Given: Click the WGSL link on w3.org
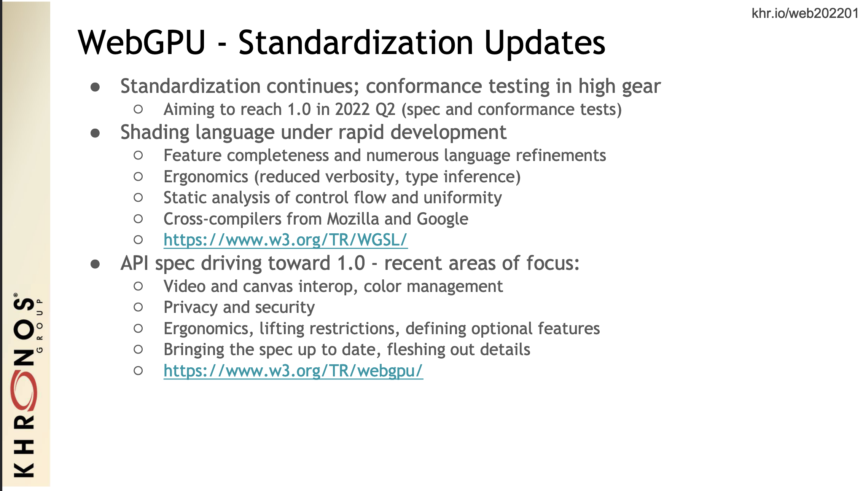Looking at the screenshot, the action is (285, 240).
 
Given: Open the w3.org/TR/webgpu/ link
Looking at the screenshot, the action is (293, 371).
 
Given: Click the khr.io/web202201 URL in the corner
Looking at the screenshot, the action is (805, 13).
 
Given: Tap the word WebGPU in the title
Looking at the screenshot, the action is (142, 42).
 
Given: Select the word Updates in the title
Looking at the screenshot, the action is (545, 43).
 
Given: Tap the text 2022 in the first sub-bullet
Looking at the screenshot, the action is (352, 110).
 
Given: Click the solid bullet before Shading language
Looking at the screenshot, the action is (95, 133).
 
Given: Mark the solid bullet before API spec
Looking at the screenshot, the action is (95, 264).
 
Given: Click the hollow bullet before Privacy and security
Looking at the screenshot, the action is (138, 308).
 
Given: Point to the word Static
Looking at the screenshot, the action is (185, 198).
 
